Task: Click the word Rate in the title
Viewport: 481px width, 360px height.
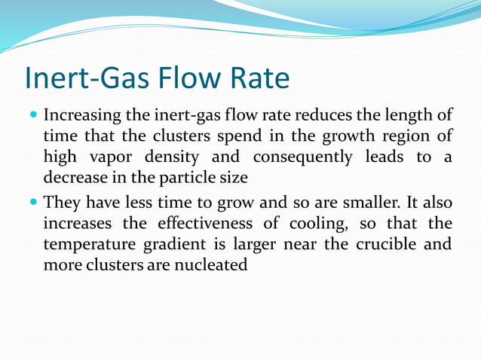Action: coord(257,78)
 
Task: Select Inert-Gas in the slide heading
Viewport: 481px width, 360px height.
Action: coord(81,78)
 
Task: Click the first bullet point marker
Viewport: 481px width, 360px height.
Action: coord(32,117)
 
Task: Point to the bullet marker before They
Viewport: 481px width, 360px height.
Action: coord(32,203)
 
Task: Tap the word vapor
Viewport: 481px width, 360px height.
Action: coord(102,158)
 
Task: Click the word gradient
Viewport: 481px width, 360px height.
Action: coord(167,245)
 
